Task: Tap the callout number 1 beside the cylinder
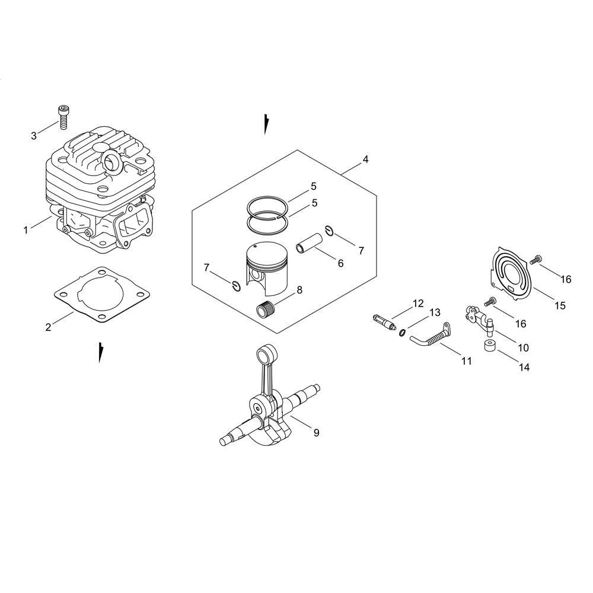[x=25, y=229]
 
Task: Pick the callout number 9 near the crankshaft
[x=316, y=432]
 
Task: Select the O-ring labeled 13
[x=403, y=333]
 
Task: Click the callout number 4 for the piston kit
[x=365, y=160]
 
